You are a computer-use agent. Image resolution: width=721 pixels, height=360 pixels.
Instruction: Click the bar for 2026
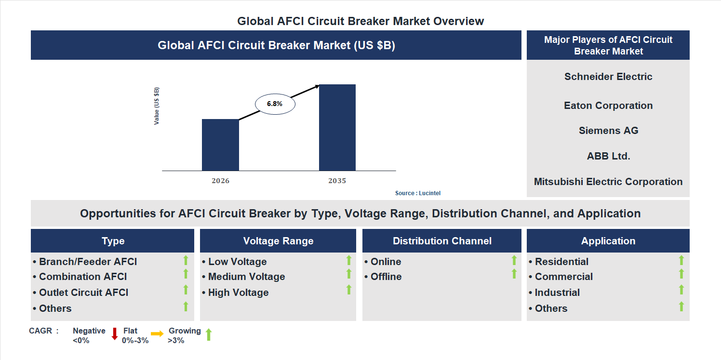[x=220, y=145]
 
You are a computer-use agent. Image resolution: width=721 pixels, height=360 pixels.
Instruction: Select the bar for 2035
[x=337, y=128]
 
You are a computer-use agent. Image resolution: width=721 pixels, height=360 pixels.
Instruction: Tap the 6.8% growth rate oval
[x=275, y=104]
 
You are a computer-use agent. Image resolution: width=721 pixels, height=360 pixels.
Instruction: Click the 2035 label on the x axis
[x=337, y=181]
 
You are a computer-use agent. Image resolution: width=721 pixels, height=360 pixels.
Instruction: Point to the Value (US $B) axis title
[x=157, y=106]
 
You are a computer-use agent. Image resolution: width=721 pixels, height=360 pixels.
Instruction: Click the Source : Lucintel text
[x=417, y=193]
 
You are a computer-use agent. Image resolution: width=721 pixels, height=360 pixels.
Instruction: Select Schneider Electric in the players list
[x=608, y=77]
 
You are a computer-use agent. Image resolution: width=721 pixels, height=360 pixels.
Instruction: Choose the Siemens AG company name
[x=608, y=131]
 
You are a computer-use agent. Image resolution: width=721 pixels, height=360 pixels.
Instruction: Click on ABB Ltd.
[x=608, y=156]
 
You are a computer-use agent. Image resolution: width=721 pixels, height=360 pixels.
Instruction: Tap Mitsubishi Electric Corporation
[x=608, y=182]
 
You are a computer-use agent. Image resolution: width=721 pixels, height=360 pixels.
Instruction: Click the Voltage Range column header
[x=278, y=241]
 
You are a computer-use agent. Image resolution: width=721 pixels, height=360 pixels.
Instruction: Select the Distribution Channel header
[x=442, y=241]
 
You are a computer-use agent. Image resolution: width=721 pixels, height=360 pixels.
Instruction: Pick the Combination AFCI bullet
[x=82, y=277]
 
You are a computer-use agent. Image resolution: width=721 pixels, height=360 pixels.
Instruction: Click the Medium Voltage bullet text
[x=246, y=277]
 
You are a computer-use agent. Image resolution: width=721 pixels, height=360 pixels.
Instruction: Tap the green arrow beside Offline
[x=514, y=274]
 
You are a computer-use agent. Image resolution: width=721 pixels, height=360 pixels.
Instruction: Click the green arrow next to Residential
[x=681, y=260]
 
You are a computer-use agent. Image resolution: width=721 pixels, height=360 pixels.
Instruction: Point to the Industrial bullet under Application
[x=557, y=293]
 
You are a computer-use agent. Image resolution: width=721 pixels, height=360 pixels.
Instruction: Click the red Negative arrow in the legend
[x=115, y=333]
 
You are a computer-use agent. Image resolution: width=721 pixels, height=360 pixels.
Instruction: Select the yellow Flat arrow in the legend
[x=157, y=333]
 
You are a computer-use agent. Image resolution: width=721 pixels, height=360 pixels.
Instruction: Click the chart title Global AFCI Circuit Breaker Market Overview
[x=360, y=21]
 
